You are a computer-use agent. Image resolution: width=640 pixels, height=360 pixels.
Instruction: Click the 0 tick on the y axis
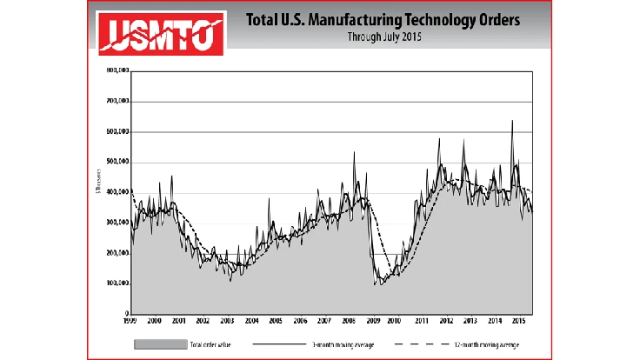pos(127,313)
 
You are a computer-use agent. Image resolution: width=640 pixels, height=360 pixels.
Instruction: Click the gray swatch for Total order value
pos(161,344)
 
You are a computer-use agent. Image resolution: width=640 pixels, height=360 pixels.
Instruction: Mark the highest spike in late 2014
pos(512,121)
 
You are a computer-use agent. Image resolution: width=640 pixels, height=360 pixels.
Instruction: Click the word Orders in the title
pos(487,19)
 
